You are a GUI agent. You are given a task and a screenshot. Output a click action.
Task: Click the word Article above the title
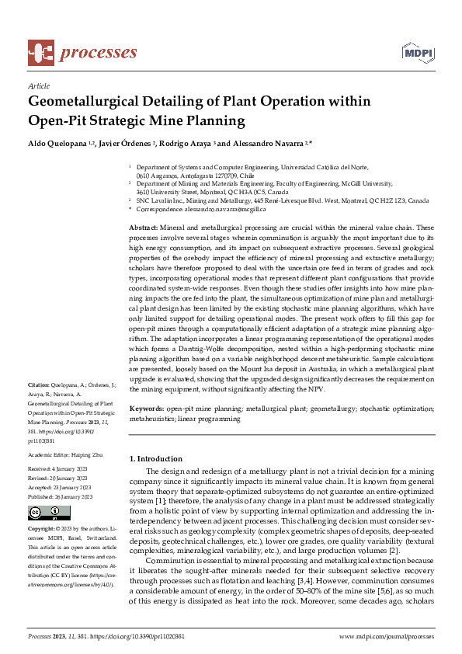(x=38, y=86)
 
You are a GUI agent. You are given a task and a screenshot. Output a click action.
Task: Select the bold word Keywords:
(x=148, y=408)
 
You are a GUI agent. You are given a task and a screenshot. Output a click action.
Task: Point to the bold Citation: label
(x=38, y=385)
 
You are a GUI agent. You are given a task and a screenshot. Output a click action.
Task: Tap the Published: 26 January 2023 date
(x=60, y=496)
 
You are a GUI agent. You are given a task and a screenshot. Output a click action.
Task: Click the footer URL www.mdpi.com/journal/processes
(x=386, y=636)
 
